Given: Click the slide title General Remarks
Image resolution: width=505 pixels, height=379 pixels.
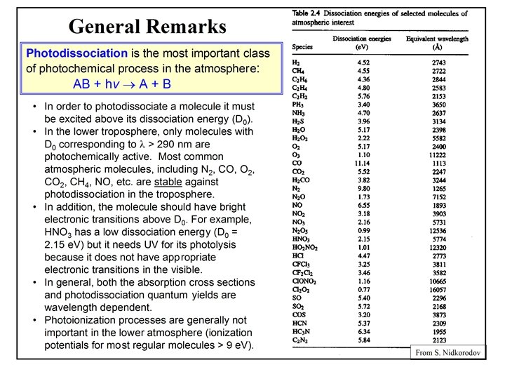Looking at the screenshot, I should tap(147, 27).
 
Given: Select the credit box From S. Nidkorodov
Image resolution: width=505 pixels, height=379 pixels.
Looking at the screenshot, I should tap(447, 352).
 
